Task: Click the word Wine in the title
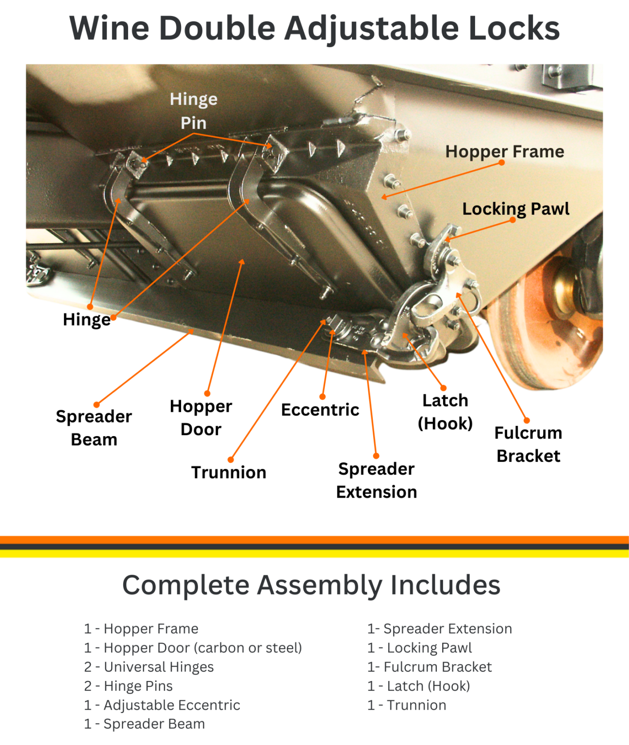[109, 28]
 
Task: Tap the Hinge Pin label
[194, 111]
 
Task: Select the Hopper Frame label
[505, 151]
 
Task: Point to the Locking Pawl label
[515, 209]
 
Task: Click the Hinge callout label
[86, 320]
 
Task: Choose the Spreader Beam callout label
[94, 428]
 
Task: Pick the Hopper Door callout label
[201, 418]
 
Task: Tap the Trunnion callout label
[229, 472]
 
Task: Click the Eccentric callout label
[320, 410]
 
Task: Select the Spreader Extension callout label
[376, 480]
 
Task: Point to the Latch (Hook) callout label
[445, 412]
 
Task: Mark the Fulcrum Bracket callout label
[528, 444]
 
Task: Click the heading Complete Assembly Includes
[311, 585]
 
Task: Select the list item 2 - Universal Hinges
[149, 667]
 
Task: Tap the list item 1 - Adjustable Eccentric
[162, 705]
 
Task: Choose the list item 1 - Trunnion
[407, 705]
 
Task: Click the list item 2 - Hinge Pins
[129, 686]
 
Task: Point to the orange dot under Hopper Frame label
[502, 162]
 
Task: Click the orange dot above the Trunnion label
[231, 459]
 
